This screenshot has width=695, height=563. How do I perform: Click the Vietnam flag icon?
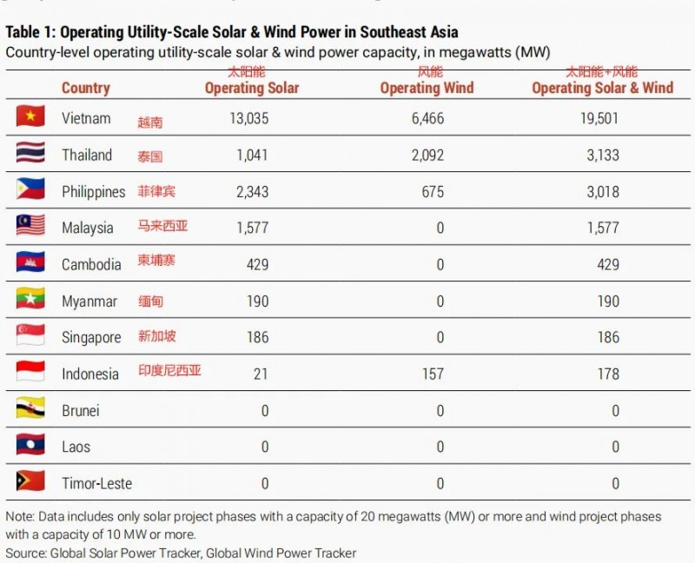[30, 117]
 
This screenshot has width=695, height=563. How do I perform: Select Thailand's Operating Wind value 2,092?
[427, 155]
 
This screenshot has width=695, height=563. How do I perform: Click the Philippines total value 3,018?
[602, 191]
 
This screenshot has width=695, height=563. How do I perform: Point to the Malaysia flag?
[30, 227]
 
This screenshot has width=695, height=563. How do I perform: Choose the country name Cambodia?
[91, 264]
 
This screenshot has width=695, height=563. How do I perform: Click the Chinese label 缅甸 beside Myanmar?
[150, 301]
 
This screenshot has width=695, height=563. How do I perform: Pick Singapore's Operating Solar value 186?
[257, 337]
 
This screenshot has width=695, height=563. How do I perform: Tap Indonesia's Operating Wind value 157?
[432, 374]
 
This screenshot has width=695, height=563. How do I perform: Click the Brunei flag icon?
[30, 410]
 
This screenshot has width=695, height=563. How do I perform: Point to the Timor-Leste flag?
[30, 482]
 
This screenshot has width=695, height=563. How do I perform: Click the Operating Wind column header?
[427, 88]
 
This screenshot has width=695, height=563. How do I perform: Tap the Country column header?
[85, 88]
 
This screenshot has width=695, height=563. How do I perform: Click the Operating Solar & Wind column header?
[602, 88]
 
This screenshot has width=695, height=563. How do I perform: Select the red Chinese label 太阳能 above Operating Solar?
[246, 72]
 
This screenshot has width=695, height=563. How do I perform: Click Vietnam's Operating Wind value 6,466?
[427, 118]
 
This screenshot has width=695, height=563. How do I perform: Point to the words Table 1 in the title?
[30, 32]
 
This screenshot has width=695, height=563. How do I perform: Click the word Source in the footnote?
[26, 553]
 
